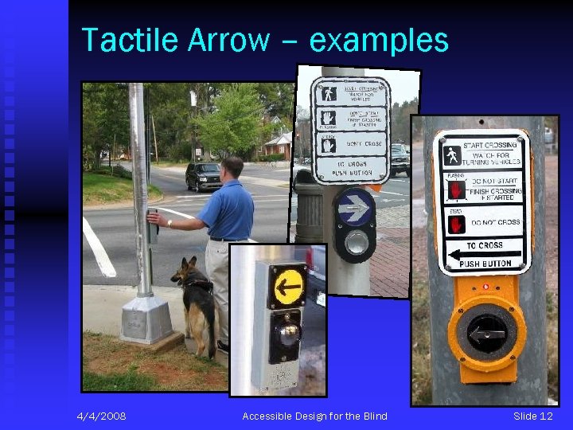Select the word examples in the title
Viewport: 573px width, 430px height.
coord(378,41)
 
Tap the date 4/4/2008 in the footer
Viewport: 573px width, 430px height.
coord(101,416)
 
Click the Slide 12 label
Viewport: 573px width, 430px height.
coord(532,416)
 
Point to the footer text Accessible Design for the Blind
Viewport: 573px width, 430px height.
coord(314,416)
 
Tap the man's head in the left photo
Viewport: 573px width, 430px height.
coord(232,168)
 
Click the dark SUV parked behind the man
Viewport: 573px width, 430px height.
coord(203,174)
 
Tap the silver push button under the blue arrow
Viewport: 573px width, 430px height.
coord(356,243)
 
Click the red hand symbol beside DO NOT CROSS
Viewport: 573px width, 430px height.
coord(456,224)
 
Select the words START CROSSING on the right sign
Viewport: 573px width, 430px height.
coord(489,146)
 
